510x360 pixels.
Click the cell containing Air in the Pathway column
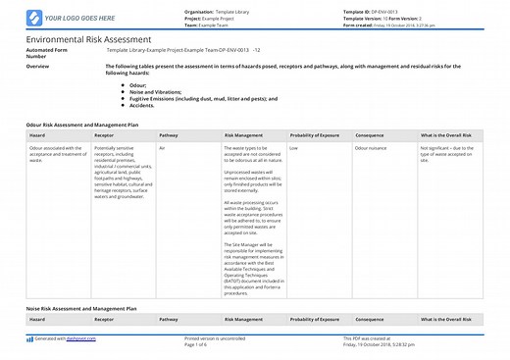click(x=163, y=147)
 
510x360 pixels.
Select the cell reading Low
click(x=294, y=147)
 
